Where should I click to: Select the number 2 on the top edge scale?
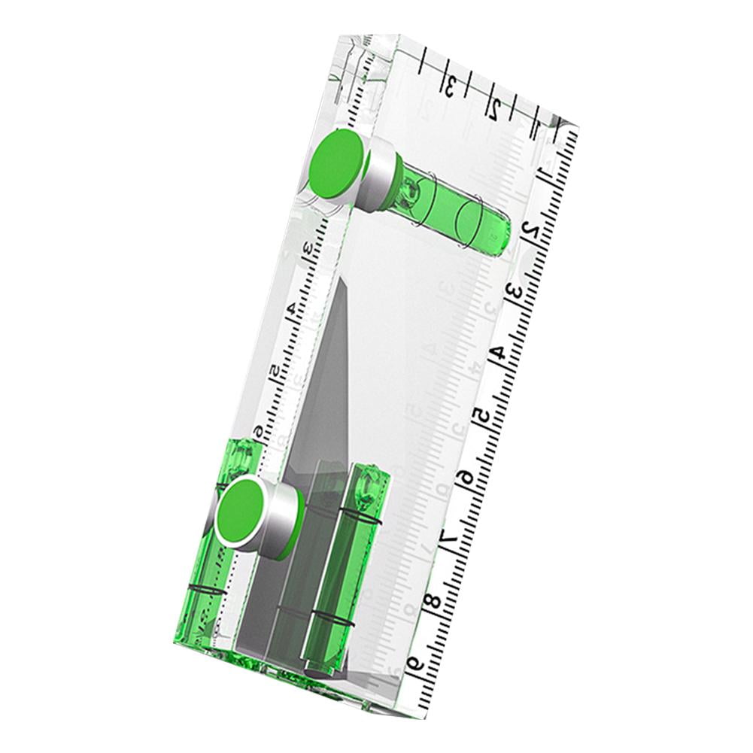click(x=494, y=111)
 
